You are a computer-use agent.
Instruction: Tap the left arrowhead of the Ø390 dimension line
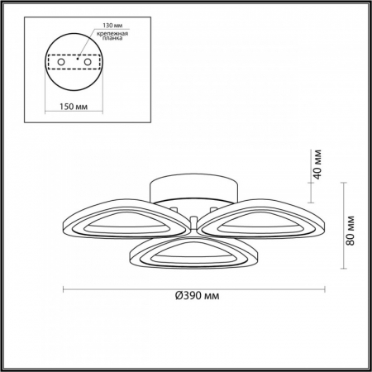pos(66,289)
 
